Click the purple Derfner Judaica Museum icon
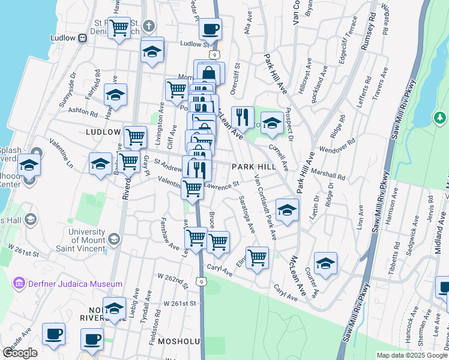[x=18, y=283]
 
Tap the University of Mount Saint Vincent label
[x=90, y=236]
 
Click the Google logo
[x=20, y=353]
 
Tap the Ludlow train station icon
[x=82, y=38]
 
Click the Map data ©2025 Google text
[x=412, y=355]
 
